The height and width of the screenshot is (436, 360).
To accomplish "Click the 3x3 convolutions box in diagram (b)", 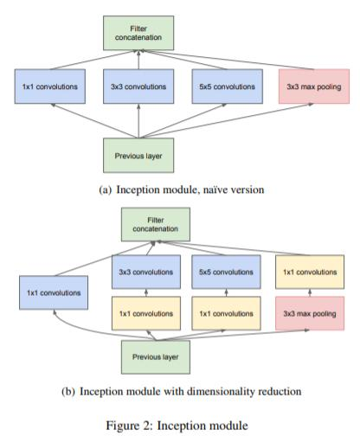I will [143, 272].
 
